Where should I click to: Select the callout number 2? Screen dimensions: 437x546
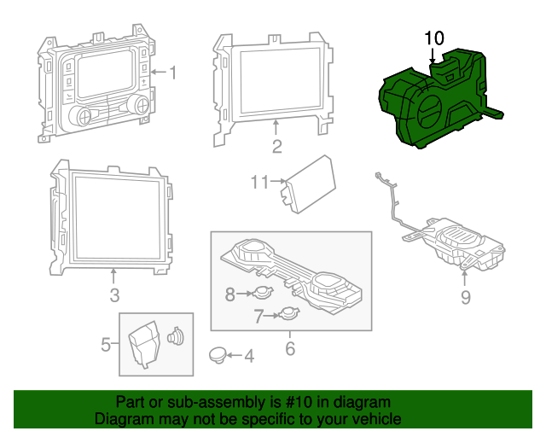point(276,147)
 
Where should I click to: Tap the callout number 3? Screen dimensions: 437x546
point(113,295)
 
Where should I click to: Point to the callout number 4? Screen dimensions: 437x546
point(248,355)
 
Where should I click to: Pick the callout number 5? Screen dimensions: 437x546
point(107,345)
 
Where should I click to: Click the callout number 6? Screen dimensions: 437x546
point(289,348)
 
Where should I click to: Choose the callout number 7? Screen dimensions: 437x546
point(259,316)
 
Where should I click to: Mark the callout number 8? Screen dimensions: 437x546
point(229,294)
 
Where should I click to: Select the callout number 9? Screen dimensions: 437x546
point(466,297)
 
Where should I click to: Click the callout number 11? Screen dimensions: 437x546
point(260,182)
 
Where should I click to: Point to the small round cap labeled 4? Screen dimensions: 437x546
point(218,354)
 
